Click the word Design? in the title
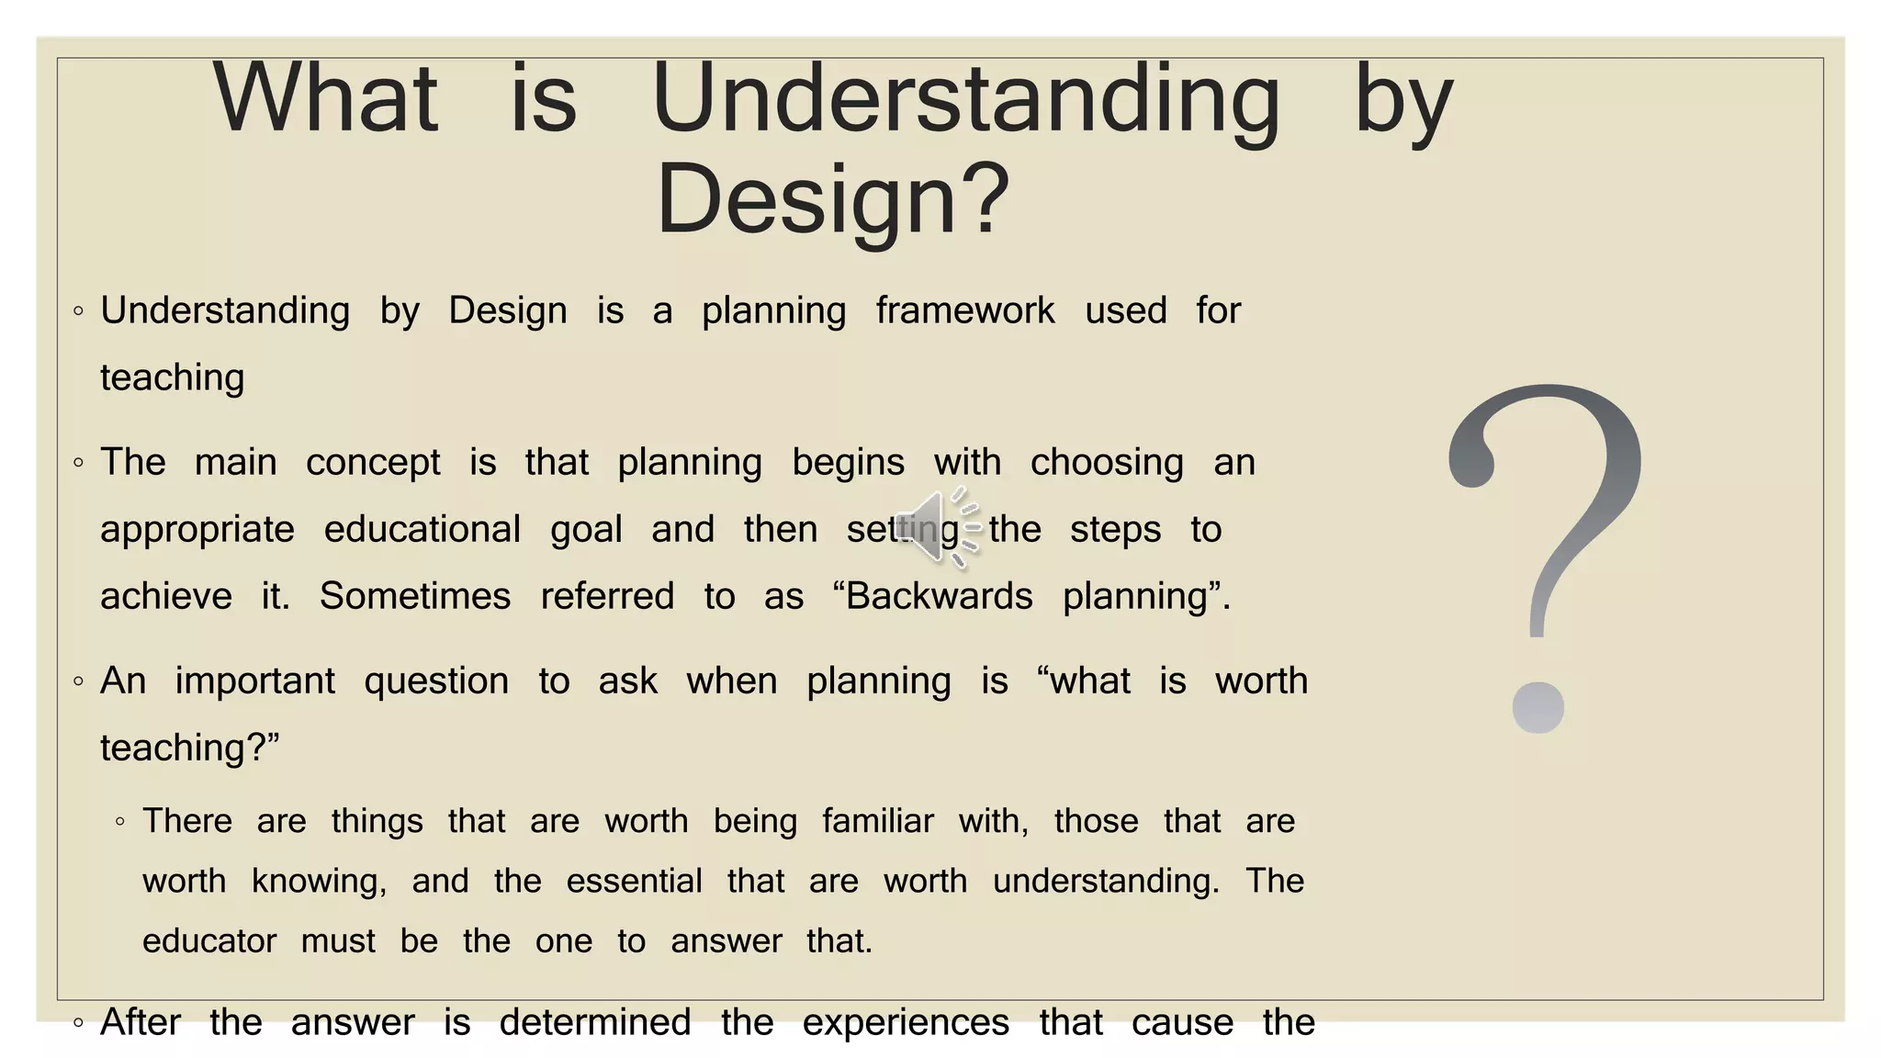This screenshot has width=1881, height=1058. [832, 199]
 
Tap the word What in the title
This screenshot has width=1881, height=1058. [325, 98]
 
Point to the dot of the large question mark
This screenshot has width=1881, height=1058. [1537, 708]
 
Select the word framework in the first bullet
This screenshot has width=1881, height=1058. [964, 311]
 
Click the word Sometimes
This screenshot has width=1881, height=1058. [414, 597]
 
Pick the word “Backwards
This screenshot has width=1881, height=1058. [932, 597]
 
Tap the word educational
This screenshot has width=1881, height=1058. [422, 530]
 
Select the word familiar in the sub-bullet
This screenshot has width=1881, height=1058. [877, 821]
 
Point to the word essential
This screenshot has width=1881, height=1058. [634, 882]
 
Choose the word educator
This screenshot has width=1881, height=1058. [209, 941]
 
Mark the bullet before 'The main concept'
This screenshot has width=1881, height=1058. [79, 463]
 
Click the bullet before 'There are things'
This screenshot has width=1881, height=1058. [120, 822]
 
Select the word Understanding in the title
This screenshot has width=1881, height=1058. [965, 98]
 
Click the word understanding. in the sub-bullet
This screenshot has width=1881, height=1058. [1106, 882]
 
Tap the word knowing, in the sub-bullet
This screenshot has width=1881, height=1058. [319, 882]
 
